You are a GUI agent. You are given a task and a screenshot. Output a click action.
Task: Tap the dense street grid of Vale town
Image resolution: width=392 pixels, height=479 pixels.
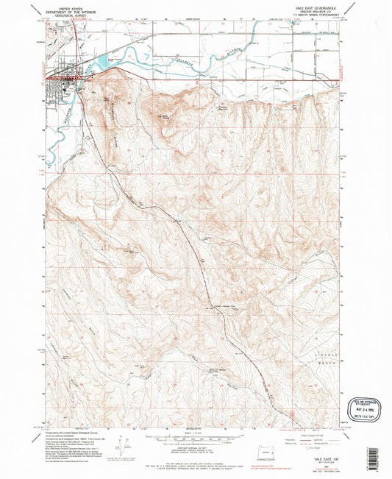pos(60,85)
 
